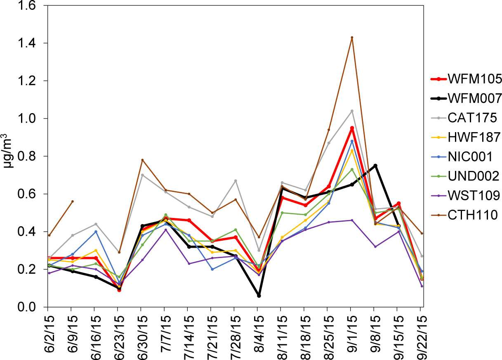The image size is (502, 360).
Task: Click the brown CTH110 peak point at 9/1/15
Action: point(352,38)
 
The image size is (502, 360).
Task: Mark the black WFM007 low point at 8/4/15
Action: point(259,296)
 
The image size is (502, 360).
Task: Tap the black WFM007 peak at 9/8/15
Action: point(375,166)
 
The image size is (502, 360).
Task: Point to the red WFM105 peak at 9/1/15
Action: point(352,128)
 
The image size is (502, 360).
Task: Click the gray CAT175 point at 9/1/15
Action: point(352,111)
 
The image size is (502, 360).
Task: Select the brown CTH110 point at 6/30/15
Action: point(142,160)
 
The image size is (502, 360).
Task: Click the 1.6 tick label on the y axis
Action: point(32,6)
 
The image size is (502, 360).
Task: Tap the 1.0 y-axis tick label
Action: point(32,119)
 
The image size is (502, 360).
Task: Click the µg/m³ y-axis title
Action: point(7,157)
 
